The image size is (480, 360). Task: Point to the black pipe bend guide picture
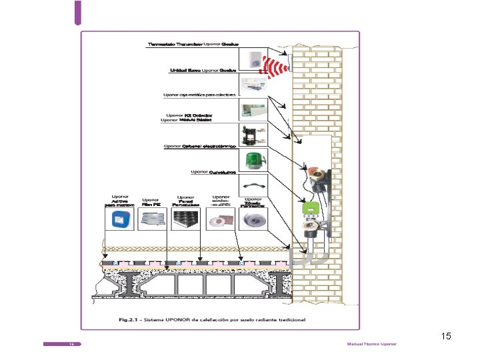pyautogui.click(x=253, y=185)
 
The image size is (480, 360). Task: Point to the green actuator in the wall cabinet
pyautogui.click(x=310, y=208)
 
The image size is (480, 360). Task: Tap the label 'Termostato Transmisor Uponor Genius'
pyautogui.click(x=193, y=45)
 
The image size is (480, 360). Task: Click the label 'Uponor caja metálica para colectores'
pyautogui.click(x=199, y=95)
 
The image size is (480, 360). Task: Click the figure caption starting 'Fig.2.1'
pyautogui.click(x=212, y=320)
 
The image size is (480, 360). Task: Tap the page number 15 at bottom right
pyautogui.click(x=446, y=337)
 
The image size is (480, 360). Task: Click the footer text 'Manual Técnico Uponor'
pyautogui.click(x=371, y=344)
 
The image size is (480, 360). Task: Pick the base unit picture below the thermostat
pyautogui.click(x=253, y=83)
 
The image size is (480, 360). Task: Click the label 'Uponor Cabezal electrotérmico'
pyautogui.click(x=199, y=146)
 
